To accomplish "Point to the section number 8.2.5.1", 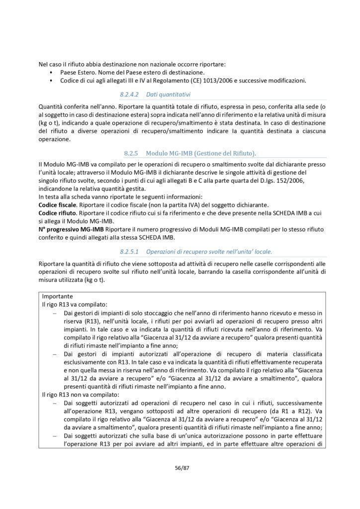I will [x=130, y=252].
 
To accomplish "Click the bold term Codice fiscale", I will [x=57, y=205].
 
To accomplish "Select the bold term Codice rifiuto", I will [x=56, y=213].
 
